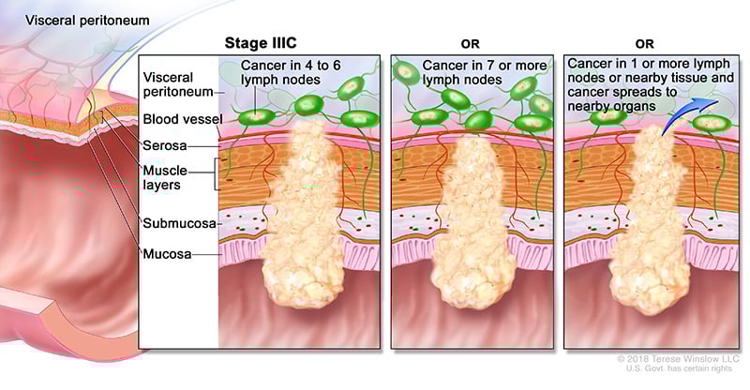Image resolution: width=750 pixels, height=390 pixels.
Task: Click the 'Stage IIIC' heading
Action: click(x=263, y=43)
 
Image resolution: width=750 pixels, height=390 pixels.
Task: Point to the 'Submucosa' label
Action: click(x=178, y=223)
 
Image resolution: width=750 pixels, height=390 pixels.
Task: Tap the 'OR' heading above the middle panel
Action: click(x=472, y=43)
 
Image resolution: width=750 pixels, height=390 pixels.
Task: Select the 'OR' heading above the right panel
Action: click(x=647, y=43)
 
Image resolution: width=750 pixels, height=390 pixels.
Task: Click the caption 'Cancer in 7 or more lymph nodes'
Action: click(x=472, y=73)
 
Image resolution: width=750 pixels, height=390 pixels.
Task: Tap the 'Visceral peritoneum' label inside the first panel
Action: click(x=176, y=83)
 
